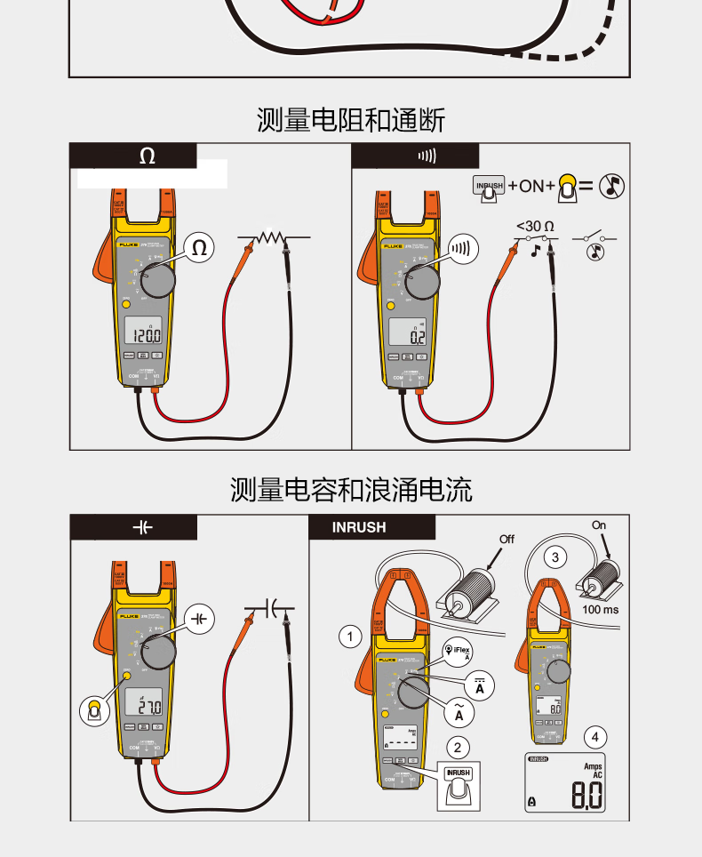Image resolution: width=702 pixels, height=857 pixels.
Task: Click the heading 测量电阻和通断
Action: [351, 120]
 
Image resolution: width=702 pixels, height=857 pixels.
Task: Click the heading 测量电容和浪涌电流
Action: [351, 489]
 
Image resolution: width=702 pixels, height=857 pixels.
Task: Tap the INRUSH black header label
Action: [359, 527]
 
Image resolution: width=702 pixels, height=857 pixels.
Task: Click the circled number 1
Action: [351, 637]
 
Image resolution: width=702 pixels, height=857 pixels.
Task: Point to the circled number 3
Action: [555, 557]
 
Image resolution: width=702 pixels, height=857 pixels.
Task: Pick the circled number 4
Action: [595, 736]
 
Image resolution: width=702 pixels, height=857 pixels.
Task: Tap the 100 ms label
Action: [602, 610]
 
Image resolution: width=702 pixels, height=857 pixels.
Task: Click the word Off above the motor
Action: [507, 539]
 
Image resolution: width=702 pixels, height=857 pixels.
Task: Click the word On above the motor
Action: [599, 525]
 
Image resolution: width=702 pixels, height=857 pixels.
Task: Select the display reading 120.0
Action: [142, 336]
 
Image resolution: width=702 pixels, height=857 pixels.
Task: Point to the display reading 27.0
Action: [144, 708]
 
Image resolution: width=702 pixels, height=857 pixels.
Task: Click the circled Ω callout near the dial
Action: [199, 248]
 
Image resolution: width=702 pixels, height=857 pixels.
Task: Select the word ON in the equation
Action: [531, 186]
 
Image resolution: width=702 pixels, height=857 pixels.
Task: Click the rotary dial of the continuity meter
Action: [422, 281]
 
